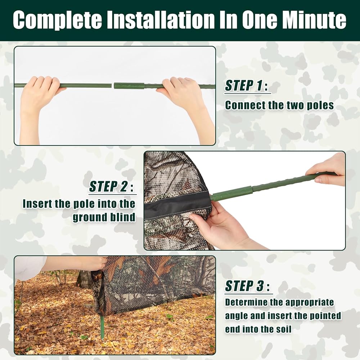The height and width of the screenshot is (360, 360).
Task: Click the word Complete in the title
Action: [x=57, y=20]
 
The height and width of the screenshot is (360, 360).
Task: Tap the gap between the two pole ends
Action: [x=113, y=86]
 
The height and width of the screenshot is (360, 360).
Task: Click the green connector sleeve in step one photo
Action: [x=129, y=86]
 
